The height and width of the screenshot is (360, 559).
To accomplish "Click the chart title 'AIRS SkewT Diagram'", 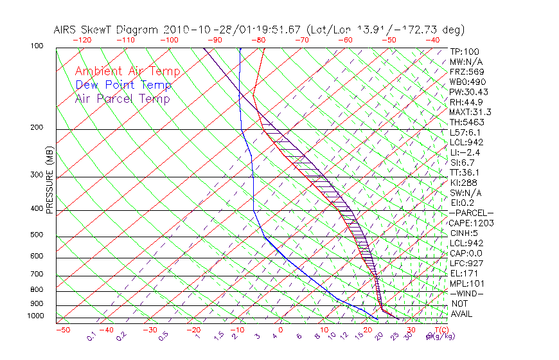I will click(x=107, y=30).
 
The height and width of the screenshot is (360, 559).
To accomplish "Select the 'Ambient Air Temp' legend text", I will click(x=127, y=71).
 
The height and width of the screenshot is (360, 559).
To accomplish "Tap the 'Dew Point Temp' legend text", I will click(x=123, y=85).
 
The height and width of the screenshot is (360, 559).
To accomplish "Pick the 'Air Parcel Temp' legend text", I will click(x=122, y=98).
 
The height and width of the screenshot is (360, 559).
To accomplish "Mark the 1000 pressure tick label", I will click(x=35, y=316).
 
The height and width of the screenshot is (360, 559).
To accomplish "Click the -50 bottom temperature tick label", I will click(x=62, y=330).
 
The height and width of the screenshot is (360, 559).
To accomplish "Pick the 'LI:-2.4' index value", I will click(x=465, y=152).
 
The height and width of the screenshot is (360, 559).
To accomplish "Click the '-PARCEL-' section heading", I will click(x=471, y=213).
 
